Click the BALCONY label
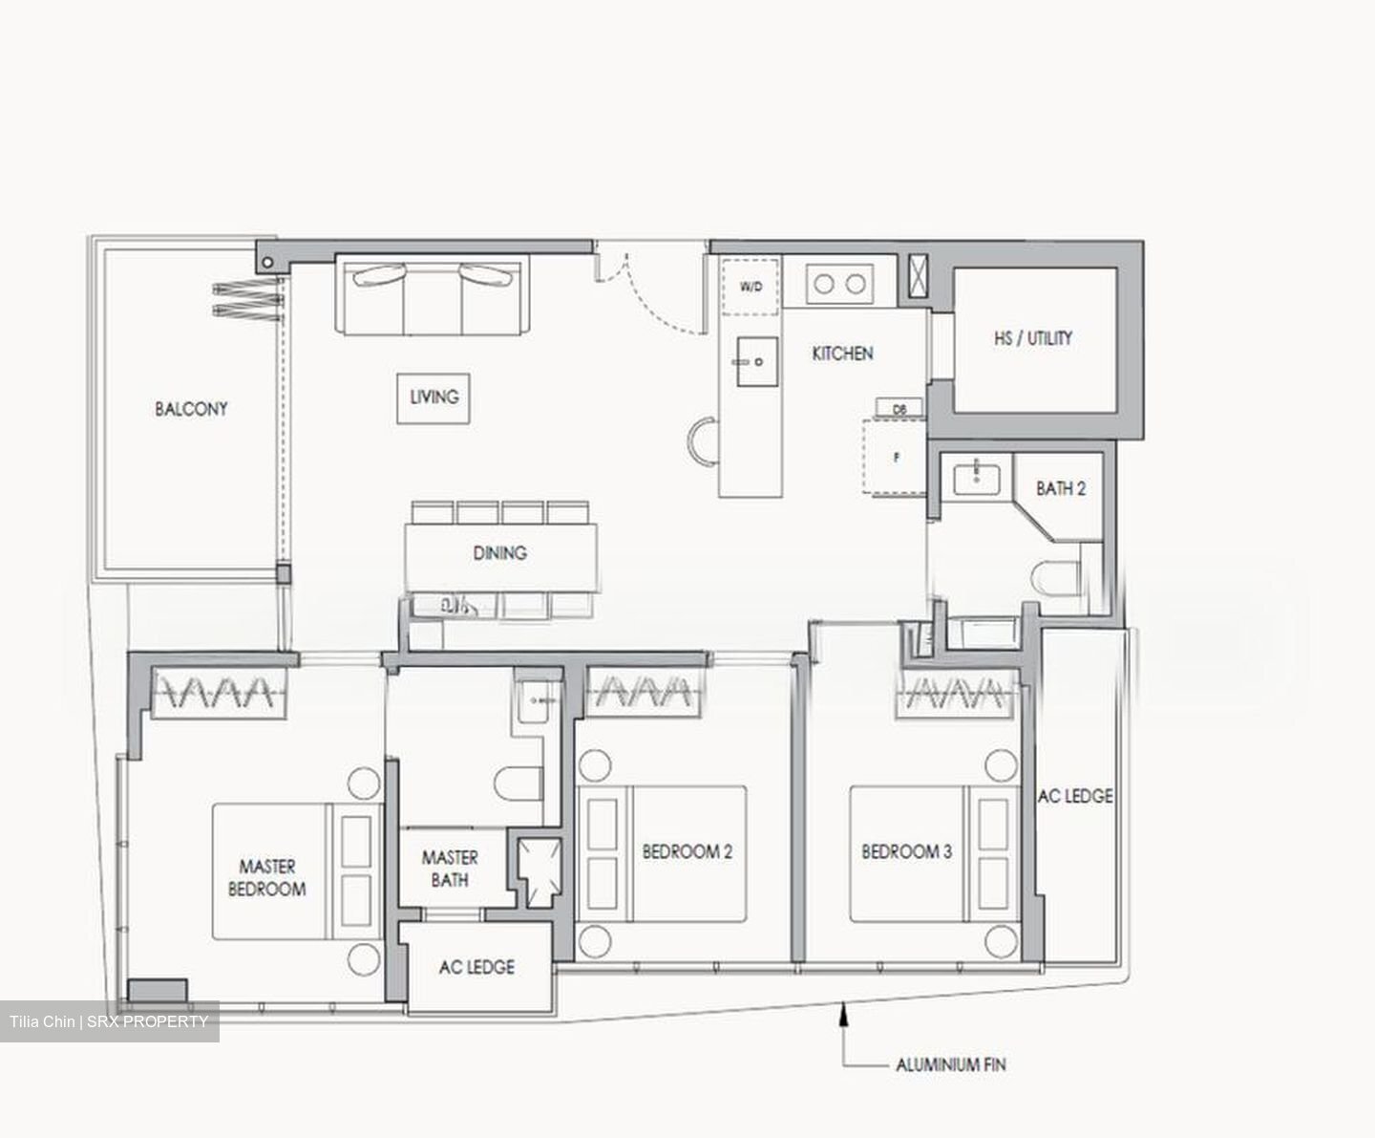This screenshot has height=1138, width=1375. [x=191, y=409]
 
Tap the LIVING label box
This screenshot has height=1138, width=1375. [x=434, y=397]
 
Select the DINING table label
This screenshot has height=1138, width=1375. [x=499, y=553]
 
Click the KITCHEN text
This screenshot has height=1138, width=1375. [x=842, y=354]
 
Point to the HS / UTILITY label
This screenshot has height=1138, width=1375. [x=1032, y=338]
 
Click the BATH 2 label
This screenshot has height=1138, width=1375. [x=1060, y=488]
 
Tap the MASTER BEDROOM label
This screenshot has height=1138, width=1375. [x=267, y=877]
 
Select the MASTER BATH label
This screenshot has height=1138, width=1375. [x=449, y=869]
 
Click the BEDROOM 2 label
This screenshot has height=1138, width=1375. [x=687, y=851]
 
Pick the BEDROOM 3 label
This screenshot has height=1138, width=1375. [x=906, y=851]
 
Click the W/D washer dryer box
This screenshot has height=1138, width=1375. [x=751, y=286]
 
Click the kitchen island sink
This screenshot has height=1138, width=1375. [x=749, y=362]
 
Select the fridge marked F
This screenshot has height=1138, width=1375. [x=895, y=458]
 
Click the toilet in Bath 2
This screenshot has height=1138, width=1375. [x=1054, y=576]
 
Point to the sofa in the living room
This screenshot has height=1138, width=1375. [x=431, y=296]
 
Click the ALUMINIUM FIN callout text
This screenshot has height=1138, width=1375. [x=950, y=1064]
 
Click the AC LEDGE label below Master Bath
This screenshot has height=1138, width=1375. [x=476, y=967]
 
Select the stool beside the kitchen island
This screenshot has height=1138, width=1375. [x=703, y=441]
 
